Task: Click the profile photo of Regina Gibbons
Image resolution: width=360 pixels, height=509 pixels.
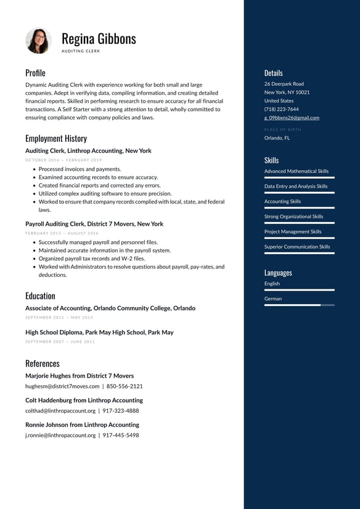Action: point(38,41)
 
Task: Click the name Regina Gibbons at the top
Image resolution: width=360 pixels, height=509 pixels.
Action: point(99,38)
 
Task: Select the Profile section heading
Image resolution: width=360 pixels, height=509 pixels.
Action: point(35,73)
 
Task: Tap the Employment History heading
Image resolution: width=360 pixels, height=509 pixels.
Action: point(56,138)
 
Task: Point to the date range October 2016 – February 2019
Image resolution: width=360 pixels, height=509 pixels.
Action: point(63,160)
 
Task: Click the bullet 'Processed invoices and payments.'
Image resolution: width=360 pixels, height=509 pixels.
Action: point(80,169)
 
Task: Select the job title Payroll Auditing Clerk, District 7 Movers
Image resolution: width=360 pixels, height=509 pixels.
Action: point(94,224)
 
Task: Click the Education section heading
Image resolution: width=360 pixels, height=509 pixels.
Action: point(40,296)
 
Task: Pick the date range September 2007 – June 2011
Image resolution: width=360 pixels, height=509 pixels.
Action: point(60,341)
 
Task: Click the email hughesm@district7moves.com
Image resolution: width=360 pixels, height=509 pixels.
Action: point(62,386)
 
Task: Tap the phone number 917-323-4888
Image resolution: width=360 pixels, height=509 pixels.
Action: point(121,410)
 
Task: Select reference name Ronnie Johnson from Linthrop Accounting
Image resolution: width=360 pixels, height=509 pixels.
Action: point(82,424)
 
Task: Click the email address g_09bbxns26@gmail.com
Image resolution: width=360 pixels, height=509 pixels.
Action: point(292,118)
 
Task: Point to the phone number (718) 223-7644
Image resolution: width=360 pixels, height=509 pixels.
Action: point(281,109)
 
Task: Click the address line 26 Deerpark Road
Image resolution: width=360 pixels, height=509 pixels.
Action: point(284,84)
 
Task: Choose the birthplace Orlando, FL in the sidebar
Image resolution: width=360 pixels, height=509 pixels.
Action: point(277,138)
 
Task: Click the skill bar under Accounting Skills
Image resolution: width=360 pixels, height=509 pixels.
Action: point(299,208)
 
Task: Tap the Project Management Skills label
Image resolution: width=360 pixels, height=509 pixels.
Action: point(293,232)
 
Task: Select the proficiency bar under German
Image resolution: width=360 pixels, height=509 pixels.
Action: point(299,305)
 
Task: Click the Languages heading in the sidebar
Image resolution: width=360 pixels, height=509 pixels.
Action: point(278,273)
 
